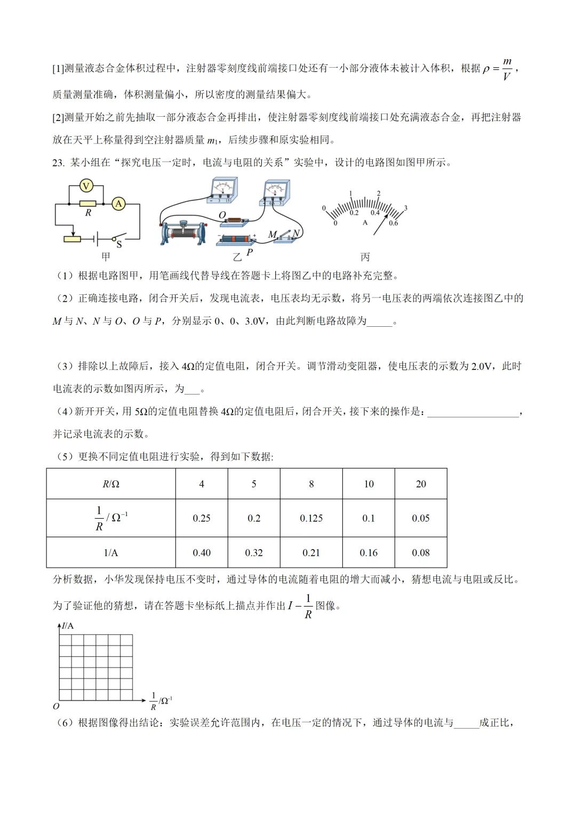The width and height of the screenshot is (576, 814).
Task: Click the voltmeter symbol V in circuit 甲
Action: [86, 186]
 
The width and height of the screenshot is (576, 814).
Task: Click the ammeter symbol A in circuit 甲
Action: [118, 203]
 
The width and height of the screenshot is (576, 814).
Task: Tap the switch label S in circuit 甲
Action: [119, 245]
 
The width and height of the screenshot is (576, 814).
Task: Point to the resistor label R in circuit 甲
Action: [88, 213]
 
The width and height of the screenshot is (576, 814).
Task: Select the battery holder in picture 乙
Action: [236, 239]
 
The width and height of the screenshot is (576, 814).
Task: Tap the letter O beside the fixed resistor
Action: [222, 215]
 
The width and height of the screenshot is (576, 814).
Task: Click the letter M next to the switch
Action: [273, 235]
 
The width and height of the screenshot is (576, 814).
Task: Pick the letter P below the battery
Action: [250, 252]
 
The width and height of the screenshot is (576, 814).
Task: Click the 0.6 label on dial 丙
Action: [393, 223]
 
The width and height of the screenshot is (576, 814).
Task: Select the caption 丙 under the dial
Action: [365, 257]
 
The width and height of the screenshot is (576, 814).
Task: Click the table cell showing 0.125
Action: [311, 518]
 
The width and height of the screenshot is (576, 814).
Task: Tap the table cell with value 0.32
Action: [254, 553]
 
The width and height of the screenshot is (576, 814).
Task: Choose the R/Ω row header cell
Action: [111, 484]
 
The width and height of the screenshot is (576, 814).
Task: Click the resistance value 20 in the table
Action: [421, 484]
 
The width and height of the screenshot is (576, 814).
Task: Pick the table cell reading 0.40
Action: [202, 553]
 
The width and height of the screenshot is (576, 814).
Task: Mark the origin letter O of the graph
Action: [56, 706]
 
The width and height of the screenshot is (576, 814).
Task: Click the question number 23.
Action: [58, 163]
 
